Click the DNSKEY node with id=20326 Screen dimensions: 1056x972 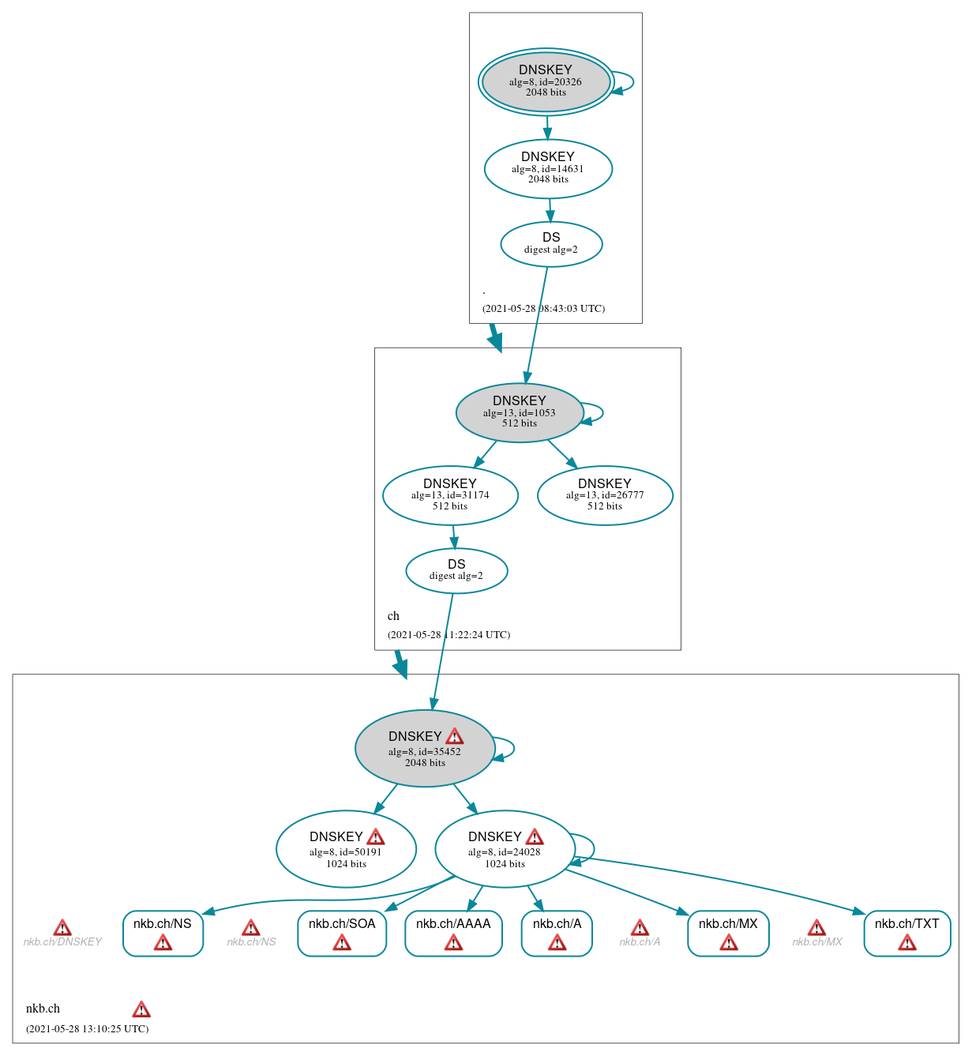pyautogui.click(x=546, y=82)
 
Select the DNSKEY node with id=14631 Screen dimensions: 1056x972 pyautogui.click(x=548, y=169)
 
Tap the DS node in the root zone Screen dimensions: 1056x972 pyautogui.click(x=551, y=244)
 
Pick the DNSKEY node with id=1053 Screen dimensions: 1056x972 pyautogui.click(x=519, y=413)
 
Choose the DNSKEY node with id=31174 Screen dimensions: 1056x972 pyautogui.click(x=450, y=495)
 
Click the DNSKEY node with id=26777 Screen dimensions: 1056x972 pyautogui.click(x=605, y=495)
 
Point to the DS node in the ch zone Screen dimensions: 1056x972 pyautogui.click(x=456, y=570)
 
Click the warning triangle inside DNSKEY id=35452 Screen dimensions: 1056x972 pyautogui.click(x=455, y=737)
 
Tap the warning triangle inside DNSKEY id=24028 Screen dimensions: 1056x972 pyautogui.click(x=535, y=837)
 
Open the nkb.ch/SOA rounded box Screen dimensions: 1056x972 pyautogui.click(x=342, y=933)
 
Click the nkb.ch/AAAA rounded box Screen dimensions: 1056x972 pyautogui.click(x=453, y=933)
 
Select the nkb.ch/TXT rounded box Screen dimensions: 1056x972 pyautogui.click(x=906, y=933)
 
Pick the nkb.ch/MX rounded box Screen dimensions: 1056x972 pyautogui.click(x=728, y=933)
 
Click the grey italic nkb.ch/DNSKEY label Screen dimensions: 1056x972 pyautogui.click(x=62, y=941)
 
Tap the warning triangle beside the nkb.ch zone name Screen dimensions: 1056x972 pyautogui.click(x=141, y=1009)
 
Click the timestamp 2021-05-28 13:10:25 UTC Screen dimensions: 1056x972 pyautogui.click(x=87, y=1028)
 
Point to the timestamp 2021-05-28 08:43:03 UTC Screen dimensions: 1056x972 pyautogui.click(x=543, y=308)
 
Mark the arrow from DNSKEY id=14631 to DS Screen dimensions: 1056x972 pyautogui.click(x=550, y=210)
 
